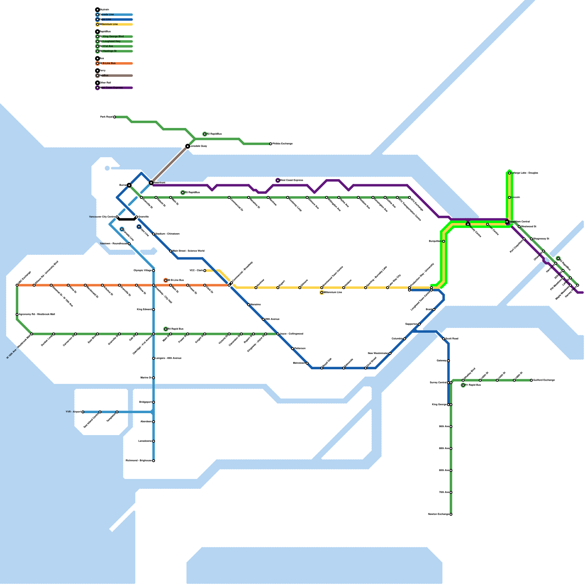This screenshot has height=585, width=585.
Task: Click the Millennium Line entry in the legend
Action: pos(110,24)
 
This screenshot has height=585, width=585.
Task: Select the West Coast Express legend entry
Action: pos(112,88)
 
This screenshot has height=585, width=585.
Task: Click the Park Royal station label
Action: pos(106,117)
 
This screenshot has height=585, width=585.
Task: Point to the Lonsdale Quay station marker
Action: pos(188,146)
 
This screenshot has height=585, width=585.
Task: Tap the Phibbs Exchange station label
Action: pos(283,144)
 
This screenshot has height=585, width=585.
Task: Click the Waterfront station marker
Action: pos(151,182)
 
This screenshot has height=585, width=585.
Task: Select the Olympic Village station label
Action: pos(143,271)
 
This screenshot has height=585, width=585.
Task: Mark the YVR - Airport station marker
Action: pos(83,412)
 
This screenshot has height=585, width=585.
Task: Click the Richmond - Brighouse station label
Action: pos(139,461)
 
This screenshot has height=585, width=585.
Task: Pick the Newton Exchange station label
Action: pos(438,514)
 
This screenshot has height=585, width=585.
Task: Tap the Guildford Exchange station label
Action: pos(544,380)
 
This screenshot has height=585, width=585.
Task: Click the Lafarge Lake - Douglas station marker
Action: pos(509,173)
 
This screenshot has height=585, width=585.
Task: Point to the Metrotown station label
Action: pos(299,363)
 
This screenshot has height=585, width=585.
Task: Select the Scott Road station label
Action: pos(452,339)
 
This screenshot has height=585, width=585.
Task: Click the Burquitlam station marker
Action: pos(444,241)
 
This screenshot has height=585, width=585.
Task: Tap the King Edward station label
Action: pos(144,310)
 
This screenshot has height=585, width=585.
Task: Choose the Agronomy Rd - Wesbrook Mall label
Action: pos(37,314)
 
